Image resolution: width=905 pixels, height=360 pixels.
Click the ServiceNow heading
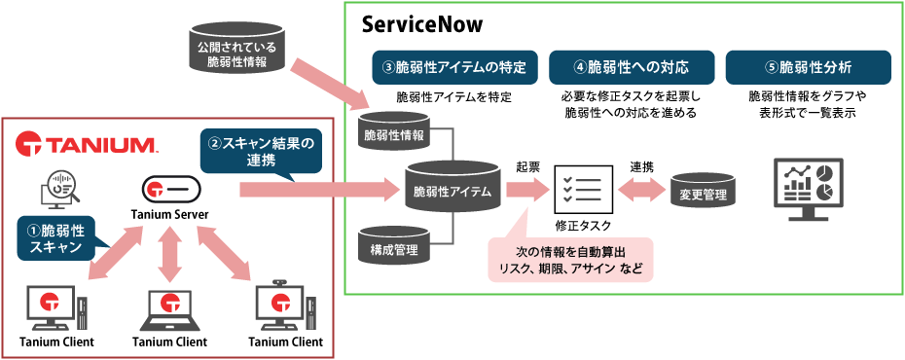click(421, 22)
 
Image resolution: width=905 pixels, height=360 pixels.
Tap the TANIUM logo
click(88, 145)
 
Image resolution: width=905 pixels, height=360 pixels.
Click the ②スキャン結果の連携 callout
click(262, 150)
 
